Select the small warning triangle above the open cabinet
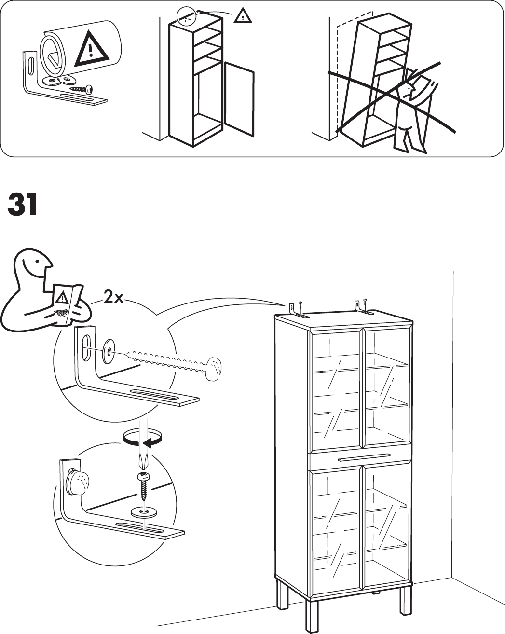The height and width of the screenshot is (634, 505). [x=243, y=17]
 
